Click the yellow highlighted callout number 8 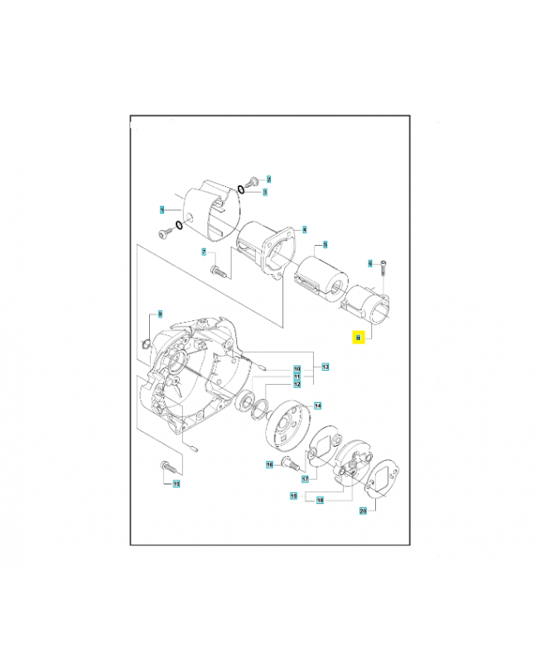(358, 338)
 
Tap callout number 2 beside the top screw (268, 179)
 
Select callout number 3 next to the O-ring (265, 192)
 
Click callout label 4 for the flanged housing (305, 229)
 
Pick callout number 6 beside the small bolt (370, 264)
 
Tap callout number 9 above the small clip (161, 314)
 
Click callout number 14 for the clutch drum (317, 405)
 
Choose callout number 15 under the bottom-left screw (176, 483)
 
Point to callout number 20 (362, 511)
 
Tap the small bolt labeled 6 (385, 270)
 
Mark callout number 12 (296, 384)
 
